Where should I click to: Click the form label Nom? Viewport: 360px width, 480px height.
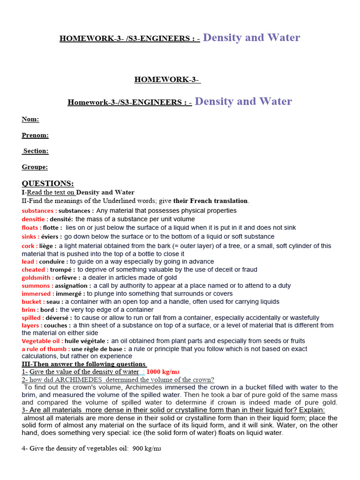coord(30,120)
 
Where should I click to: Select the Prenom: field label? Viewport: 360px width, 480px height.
coord(35,135)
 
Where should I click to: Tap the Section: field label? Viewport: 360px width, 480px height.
coord(36,151)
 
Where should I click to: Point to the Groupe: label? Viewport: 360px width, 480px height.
coord(34,167)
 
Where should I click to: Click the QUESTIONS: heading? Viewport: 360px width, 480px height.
coord(48,183)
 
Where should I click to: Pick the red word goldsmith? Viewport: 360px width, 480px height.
coord(37,277)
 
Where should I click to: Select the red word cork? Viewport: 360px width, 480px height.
coord(29,246)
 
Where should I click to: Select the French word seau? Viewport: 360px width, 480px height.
coord(53,301)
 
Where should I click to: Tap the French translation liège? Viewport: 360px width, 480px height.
coord(47,246)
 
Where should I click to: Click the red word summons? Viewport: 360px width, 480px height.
coord(36,285)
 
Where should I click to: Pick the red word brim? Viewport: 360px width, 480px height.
coord(30,309)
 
